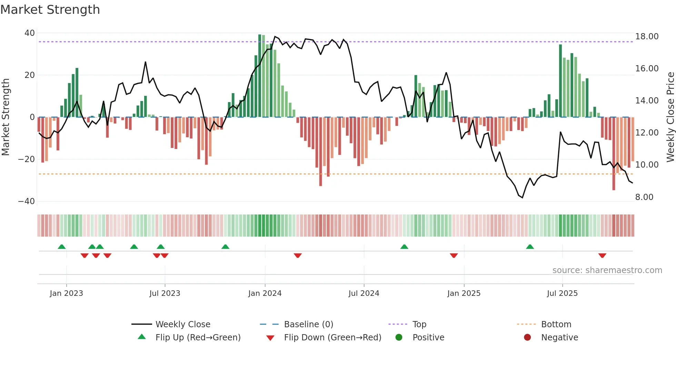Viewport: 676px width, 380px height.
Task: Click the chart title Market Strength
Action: pos(50,10)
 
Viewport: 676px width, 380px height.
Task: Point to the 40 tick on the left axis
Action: pos(30,33)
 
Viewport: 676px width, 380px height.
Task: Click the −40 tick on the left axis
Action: pos(27,201)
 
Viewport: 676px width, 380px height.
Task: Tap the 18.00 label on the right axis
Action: pos(647,37)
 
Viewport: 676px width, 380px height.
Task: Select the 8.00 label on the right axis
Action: pos(644,197)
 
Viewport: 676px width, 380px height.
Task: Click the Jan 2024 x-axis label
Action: pos(265,293)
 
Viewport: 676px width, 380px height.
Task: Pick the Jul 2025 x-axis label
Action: pos(562,293)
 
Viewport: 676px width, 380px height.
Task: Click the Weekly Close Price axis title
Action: pos(670,117)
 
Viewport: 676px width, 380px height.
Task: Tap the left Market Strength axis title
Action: pos(6,117)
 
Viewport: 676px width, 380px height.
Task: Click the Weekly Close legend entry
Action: pos(182,324)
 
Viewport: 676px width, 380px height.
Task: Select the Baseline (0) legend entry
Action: pos(308,324)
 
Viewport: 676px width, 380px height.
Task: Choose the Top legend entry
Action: pos(419,324)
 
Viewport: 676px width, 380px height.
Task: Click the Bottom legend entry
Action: pos(556,324)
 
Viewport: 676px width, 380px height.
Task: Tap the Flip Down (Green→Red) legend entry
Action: pos(332,338)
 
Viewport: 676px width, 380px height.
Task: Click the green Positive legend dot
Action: pos(399,338)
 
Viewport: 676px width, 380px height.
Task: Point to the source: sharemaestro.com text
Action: pos(607,270)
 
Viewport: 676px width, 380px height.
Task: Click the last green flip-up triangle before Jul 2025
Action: pos(530,247)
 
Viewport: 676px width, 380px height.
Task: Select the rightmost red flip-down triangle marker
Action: pos(602,256)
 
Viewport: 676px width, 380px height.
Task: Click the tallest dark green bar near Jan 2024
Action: pos(260,76)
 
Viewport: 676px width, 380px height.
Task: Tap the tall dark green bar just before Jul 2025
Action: pos(560,81)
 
